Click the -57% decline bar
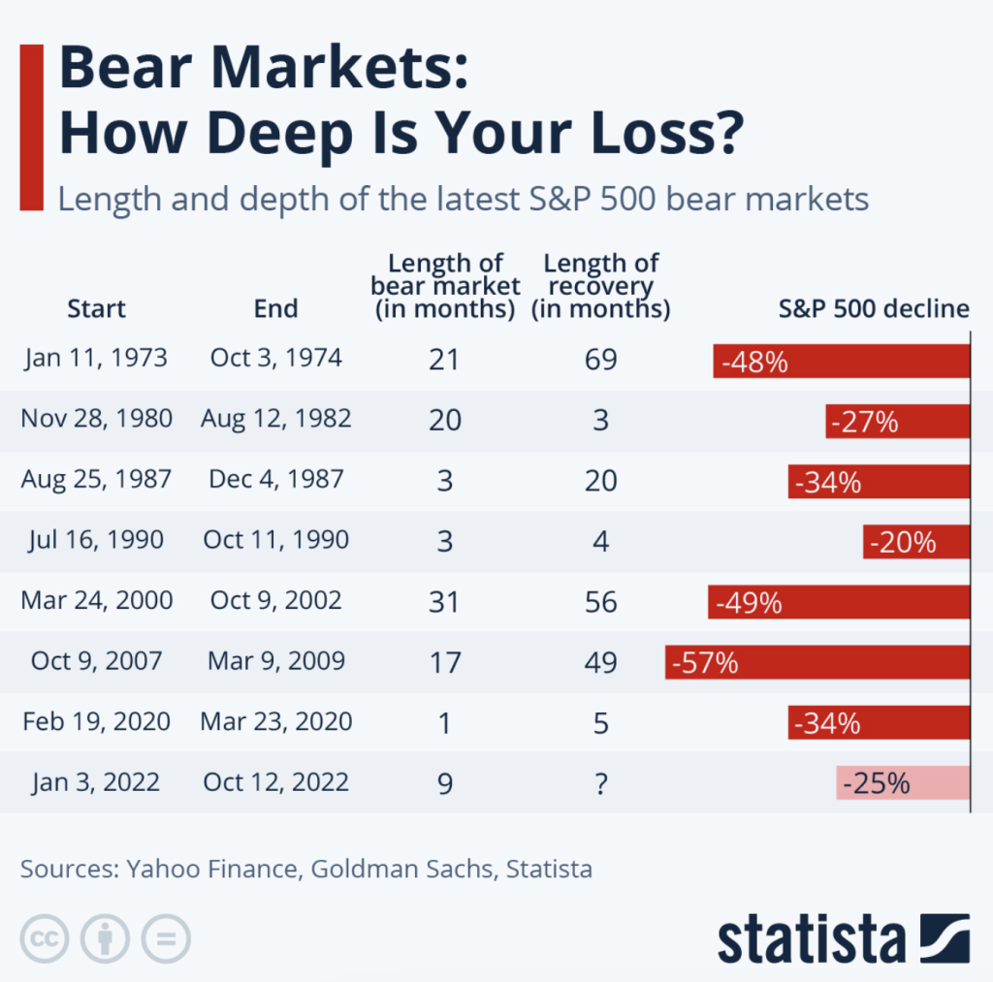pyautogui.click(x=817, y=662)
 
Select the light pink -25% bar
pyautogui.click(x=902, y=782)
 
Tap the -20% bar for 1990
pyautogui.click(x=915, y=542)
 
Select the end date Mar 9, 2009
pyautogui.click(x=276, y=661)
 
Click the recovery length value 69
pyautogui.click(x=601, y=360)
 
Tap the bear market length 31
pyautogui.click(x=445, y=601)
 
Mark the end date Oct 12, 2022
pyautogui.click(x=276, y=781)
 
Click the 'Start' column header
pyautogui.click(x=96, y=309)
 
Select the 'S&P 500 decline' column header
pyautogui.click(x=874, y=308)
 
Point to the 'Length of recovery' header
pyautogui.click(x=601, y=286)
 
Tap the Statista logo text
pyautogui.click(x=811, y=939)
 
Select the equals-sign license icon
pyautogui.click(x=166, y=938)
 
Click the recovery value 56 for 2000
pyautogui.click(x=601, y=601)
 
